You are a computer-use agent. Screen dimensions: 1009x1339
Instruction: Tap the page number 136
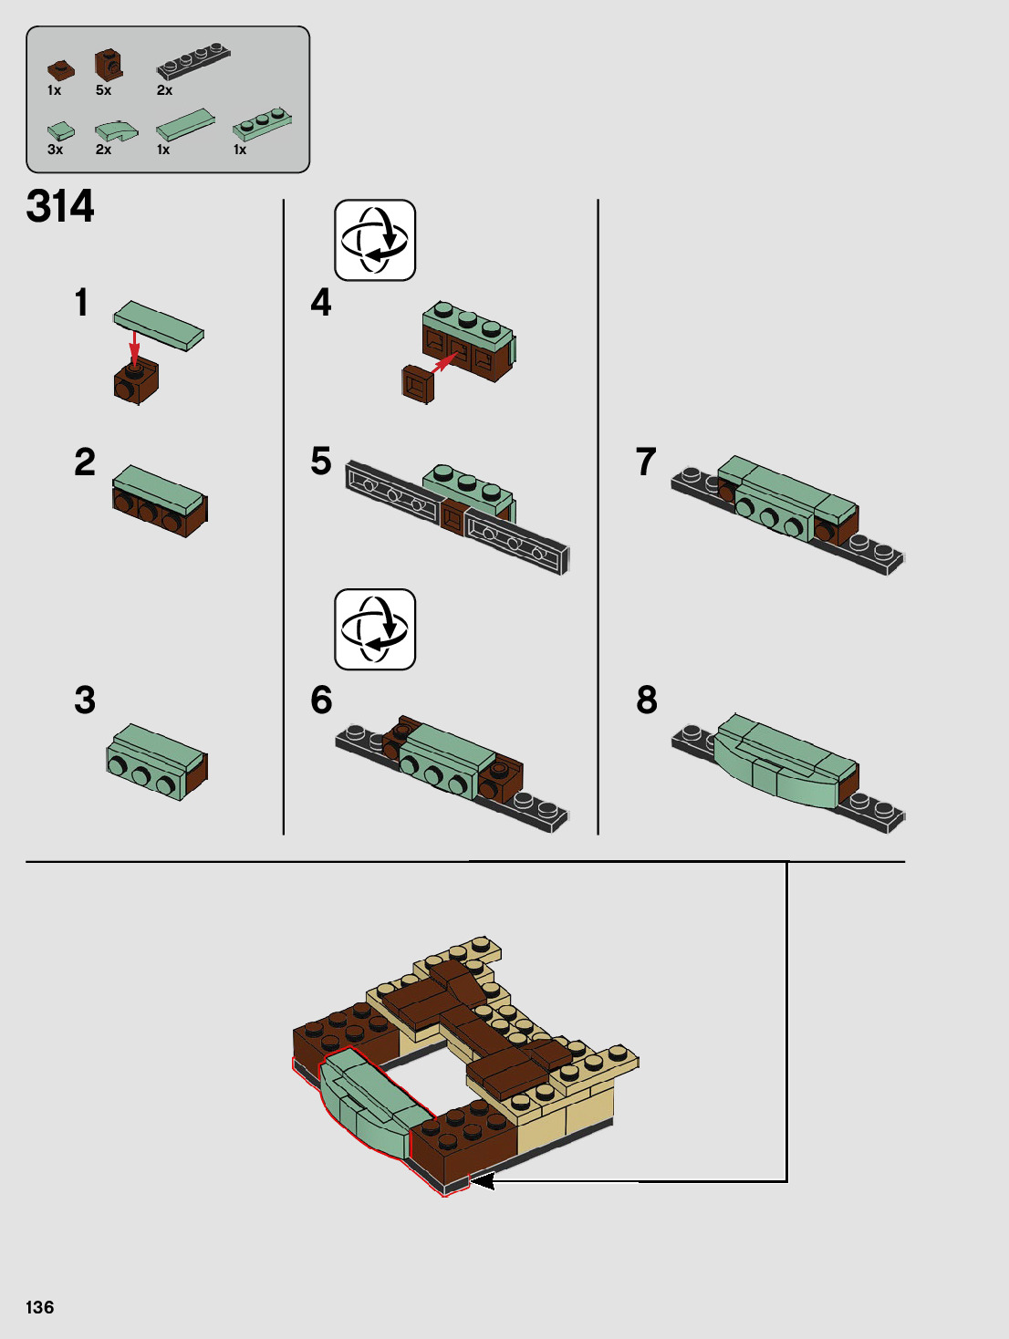tap(39, 1307)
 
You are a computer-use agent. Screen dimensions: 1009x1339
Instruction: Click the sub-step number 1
tap(82, 302)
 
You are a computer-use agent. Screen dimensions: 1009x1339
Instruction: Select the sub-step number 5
tap(321, 461)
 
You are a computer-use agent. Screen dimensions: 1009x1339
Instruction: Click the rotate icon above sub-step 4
tap(375, 240)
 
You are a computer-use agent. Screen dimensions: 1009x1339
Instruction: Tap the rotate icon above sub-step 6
tap(375, 629)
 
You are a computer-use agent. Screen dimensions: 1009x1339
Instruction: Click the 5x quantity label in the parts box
tap(103, 90)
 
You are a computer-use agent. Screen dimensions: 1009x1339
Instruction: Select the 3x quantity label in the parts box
tap(55, 150)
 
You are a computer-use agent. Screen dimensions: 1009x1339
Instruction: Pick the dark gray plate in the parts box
tap(193, 61)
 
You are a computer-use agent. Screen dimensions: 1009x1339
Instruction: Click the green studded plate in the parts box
tap(263, 125)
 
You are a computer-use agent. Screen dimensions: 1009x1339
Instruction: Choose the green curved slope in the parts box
tap(117, 131)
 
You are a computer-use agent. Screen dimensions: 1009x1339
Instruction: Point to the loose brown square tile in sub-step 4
tap(418, 384)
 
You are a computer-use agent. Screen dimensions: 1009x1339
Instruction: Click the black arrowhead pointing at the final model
tap(482, 1181)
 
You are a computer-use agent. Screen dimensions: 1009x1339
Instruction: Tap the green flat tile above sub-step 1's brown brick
tap(159, 325)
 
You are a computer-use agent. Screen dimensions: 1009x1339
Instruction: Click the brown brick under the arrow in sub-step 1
tap(136, 382)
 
